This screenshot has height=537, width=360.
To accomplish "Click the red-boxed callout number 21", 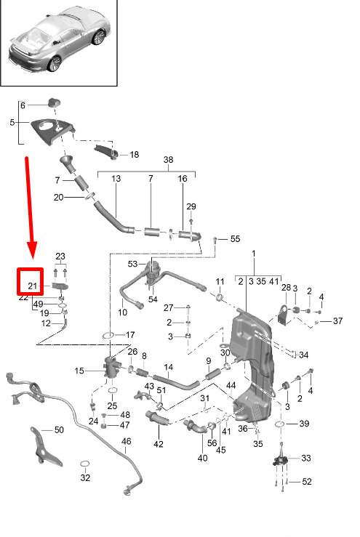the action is (x=32, y=286).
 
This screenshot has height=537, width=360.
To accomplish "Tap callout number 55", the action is (x=235, y=238).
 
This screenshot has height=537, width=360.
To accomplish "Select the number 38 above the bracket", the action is (x=168, y=160).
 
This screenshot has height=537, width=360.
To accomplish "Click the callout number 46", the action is (x=126, y=441).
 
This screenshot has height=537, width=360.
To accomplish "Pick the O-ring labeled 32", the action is (x=84, y=464).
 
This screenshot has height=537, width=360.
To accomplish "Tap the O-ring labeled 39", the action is (x=279, y=424).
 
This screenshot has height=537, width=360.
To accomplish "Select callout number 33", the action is (x=306, y=458).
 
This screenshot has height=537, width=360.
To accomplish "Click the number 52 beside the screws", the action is (x=306, y=482).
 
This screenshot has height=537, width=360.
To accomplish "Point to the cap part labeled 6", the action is (x=53, y=102).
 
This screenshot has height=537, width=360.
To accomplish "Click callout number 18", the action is (x=134, y=155).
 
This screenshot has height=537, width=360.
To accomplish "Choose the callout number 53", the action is (x=132, y=264).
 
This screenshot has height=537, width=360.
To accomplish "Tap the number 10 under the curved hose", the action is (x=122, y=312).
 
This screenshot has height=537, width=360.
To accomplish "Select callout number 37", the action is (x=337, y=321).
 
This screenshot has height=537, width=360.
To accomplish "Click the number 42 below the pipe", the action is (x=159, y=444).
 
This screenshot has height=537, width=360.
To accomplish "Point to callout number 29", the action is (x=191, y=206).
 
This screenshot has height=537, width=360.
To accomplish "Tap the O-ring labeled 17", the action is (x=108, y=335).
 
